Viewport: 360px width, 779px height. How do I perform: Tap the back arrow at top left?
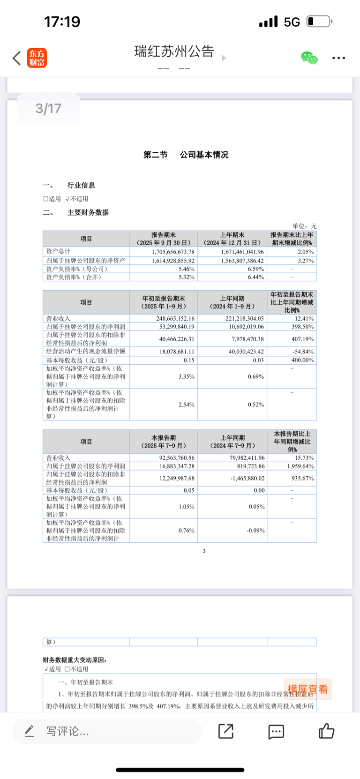(17, 58)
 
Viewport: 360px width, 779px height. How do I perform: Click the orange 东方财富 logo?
(37, 58)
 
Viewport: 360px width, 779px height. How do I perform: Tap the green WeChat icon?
(309, 58)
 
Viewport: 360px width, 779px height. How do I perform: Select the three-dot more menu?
(338, 58)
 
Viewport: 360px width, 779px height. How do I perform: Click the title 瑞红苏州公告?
(174, 52)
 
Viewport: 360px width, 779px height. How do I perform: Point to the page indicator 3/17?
(48, 109)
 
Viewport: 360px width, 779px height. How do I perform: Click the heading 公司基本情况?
(204, 155)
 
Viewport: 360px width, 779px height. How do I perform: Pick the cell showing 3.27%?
(305, 261)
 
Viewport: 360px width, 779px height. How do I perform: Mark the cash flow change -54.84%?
(302, 352)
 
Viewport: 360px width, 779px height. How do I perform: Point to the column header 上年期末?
(232, 235)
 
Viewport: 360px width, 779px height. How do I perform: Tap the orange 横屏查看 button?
(307, 689)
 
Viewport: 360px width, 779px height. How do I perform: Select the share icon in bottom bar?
(226, 731)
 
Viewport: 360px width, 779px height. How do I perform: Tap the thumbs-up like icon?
(326, 731)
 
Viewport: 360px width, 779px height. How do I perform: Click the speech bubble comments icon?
(276, 732)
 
